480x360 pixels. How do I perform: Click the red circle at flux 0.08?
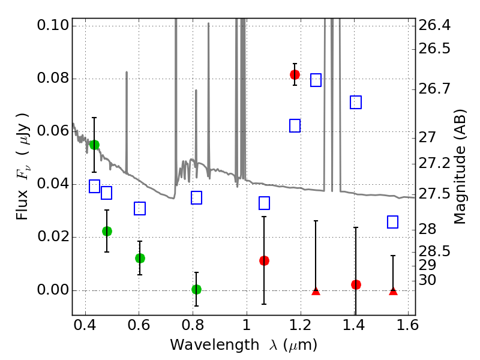pyautogui.click(x=295, y=74)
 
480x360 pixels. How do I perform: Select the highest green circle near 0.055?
pyautogui.click(x=94, y=145)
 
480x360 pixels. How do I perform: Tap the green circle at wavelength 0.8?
pyautogui.click(x=196, y=289)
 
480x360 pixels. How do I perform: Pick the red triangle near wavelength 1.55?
pyautogui.click(x=393, y=291)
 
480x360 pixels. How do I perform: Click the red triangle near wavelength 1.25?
pyautogui.click(x=316, y=291)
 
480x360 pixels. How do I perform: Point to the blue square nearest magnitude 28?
pyautogui.click(x=393, y=222)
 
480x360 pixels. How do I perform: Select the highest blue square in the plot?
pyautogui.click(x=316, y=80)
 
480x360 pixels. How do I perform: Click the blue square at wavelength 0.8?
pyautogui.click(x=196, y=198)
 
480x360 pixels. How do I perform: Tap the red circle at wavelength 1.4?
pyautogui.click(x=356, y=284)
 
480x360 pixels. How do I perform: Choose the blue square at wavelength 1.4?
pyautogui.click(x=356, y=103)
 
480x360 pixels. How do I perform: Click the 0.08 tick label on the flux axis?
pyautogui.click(x=52, y=79)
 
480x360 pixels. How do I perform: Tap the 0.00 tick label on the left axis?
pyautogui.click(x=52, y=290)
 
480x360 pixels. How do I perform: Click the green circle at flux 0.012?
pyautogui.click(x=140, y=258)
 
